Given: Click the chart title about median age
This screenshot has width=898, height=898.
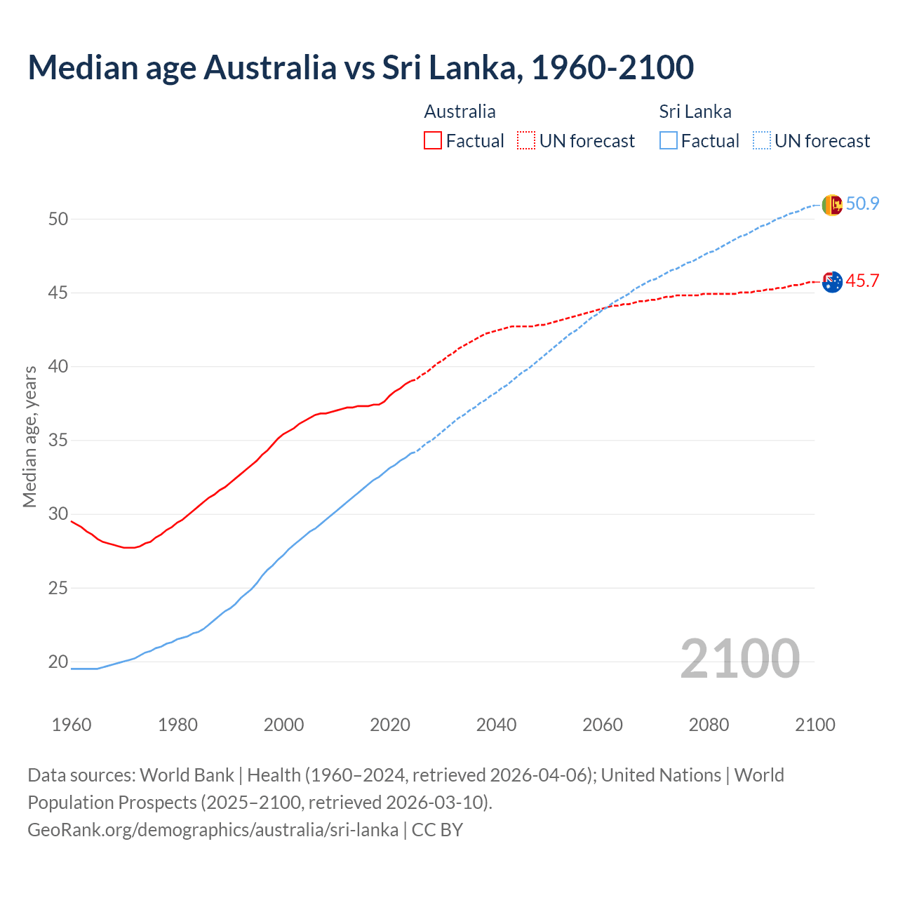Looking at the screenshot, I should point(361,67).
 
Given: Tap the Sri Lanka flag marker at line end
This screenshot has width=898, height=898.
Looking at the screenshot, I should point(831,205).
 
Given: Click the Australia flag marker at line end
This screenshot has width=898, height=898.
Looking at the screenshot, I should point(831,282).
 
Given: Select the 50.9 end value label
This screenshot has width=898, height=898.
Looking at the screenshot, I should point(862,204).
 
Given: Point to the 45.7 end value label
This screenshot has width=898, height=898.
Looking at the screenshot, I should point(862,281).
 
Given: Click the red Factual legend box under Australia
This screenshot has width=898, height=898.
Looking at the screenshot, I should point(433,140).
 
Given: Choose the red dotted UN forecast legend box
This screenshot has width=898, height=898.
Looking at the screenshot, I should point(526,140).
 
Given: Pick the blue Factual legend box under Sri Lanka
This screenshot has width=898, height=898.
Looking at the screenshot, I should point(669,140).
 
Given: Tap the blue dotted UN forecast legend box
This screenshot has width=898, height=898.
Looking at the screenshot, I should point(762,140).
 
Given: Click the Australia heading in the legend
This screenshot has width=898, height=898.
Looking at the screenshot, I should point(460,112).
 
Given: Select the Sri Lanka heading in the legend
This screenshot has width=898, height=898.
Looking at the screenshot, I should point(695,112).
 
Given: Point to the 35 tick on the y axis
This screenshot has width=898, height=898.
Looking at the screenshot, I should point(58,441).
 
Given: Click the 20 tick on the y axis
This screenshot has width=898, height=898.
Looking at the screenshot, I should point(58,662).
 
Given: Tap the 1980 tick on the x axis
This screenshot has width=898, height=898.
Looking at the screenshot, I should point(177,725).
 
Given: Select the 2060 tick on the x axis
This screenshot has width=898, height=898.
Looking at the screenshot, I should point(603,725).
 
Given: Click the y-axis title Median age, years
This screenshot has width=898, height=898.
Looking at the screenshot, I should point(29,436).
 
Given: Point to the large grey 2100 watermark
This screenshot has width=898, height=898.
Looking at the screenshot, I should point(739,659).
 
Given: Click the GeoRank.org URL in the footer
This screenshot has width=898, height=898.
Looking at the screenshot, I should point(213,830).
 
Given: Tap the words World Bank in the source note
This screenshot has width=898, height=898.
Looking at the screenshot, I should point(187,775).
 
